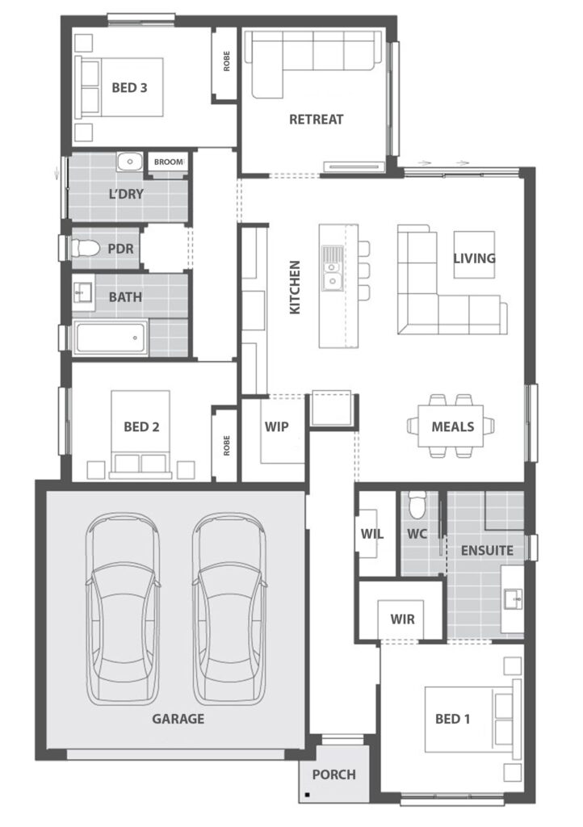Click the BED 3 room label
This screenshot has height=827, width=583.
pyautogui.click(x=129, y=87)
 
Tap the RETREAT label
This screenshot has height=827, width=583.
pyautogui.click(x=316, y=119)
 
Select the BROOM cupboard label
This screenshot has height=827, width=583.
pyautogui.click(x=169, y=162)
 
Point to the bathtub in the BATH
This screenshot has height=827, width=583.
pyautogui.click(x=111, y=338)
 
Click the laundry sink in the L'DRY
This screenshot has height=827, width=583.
pyautogui.click(x=128, y=162)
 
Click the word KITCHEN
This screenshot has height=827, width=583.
pyautogui.click(x=295, y=287)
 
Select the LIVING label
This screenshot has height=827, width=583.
pyautogui.click(x=473, y=258)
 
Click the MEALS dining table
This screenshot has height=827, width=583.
pyautogui.click(x=451, y=426)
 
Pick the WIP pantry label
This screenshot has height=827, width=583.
pyautogui.click(x=276, y=426)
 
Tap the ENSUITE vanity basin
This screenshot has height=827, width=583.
pyautogui.click(x=512, y=599)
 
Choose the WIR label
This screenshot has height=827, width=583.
pyautogui.click(x=402, y=619)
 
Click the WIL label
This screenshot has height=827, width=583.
pyautogui.click(x=372, y=534)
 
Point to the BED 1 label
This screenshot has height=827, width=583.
pyautogui.click(x=452, y=718)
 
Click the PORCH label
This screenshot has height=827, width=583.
pyautogui.click(x=333, y=774)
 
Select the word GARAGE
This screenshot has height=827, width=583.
pyautogui.click(x=178, y=718)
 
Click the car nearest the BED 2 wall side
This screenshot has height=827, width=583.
pyautogui.click(x=123, y=610)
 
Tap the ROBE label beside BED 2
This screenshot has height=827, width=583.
pyautogui.click(x=227, y=445)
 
